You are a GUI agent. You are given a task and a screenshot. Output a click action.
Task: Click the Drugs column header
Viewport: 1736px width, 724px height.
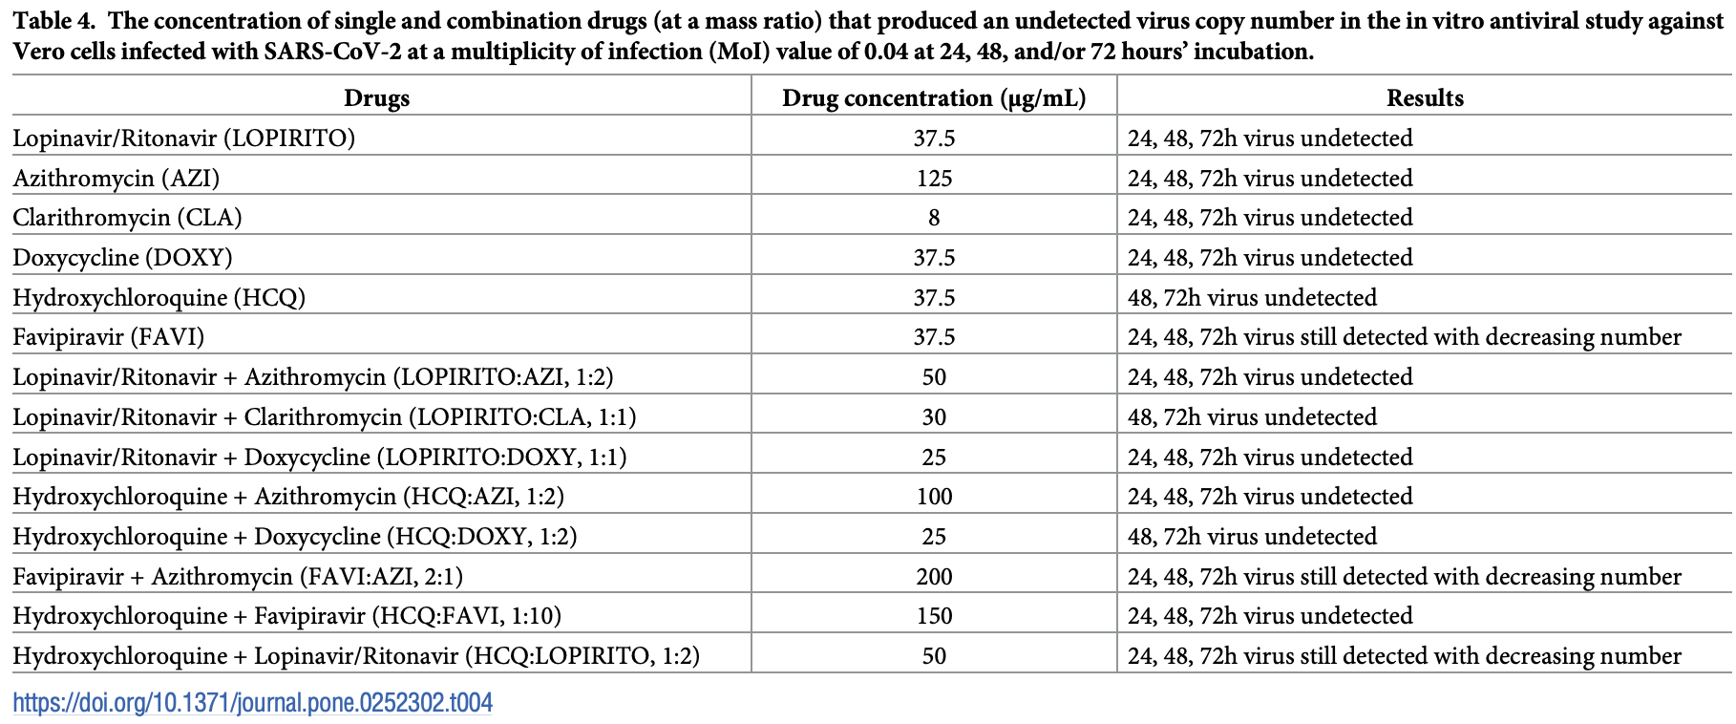coord(376,98)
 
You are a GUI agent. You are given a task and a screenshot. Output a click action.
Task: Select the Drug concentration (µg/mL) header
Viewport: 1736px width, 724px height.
coord(933,98)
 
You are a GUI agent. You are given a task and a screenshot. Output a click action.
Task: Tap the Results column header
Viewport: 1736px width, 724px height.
coord(1425,98)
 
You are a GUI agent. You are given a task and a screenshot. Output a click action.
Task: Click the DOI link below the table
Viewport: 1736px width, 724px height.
coord(253,704)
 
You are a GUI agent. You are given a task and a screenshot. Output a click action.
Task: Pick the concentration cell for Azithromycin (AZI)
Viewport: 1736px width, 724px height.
coord(933,179)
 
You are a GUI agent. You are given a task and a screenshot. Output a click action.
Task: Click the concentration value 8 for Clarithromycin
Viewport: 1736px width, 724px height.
coord(933,218)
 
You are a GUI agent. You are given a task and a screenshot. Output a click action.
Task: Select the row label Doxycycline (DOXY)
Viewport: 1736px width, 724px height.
coord(122,258)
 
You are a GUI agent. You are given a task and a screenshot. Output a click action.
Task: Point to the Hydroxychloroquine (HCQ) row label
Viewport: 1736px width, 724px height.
coord(159,298)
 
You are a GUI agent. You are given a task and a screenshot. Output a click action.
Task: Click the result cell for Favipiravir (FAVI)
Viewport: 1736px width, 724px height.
coord(1404,337)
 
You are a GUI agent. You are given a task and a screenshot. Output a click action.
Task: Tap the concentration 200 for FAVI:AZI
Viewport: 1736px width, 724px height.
coord(933,577)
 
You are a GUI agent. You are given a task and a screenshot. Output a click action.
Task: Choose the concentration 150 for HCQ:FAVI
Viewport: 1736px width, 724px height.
coord(933,616)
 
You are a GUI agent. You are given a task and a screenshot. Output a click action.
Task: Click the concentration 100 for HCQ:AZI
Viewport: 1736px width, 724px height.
coord(933,497)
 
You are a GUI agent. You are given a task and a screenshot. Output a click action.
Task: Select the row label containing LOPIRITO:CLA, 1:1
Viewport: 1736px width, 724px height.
coord(324,417)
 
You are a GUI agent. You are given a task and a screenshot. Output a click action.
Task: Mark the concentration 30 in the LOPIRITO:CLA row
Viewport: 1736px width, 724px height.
coord(933,417)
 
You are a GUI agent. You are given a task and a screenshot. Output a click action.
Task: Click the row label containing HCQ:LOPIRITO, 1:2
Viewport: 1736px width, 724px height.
coord(355,656)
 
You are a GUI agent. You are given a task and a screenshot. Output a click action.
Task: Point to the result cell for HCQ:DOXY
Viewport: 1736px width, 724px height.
coord(1251,537)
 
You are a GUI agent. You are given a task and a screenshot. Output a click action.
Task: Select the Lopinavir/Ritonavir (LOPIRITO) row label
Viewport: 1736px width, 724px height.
coord(183,138)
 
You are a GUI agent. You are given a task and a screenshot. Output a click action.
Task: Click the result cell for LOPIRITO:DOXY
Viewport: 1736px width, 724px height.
coord(1269,458)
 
